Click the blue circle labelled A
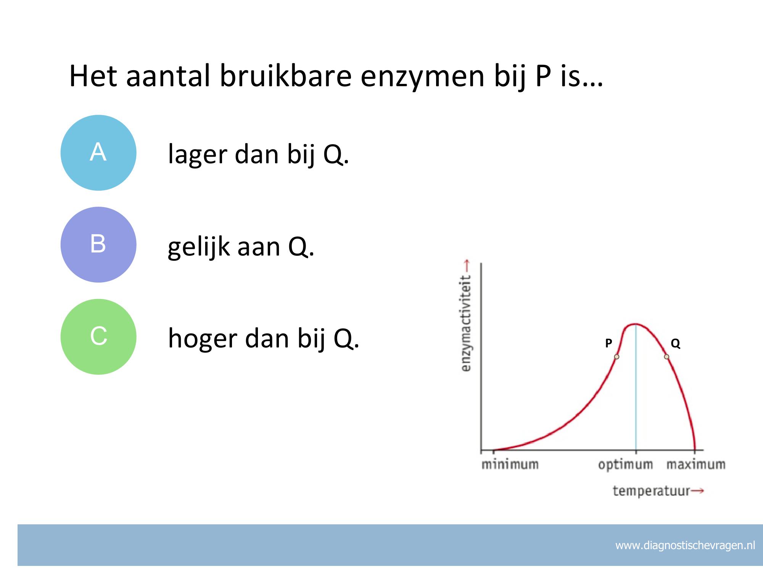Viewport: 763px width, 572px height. coord(98,153)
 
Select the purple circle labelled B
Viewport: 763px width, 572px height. coord(98,244)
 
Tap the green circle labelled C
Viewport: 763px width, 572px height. coord(98,337)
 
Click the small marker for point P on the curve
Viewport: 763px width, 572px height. coord(617,357)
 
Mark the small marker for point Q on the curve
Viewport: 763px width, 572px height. coord(666,357)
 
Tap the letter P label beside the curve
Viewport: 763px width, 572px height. coord(608,343)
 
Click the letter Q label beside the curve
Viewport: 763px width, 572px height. coord(675,344)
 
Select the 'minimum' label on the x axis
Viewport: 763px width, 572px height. coord(510,464)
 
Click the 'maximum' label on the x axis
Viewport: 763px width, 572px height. coord(696,464)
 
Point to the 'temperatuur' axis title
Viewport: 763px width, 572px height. coord(652,491)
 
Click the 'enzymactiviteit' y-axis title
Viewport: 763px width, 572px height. coord(466,323)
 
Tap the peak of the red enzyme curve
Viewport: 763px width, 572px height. coord(635,324)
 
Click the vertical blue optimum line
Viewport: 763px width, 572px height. coord(636,387)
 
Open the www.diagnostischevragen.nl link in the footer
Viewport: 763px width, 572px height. coord(685,546)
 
